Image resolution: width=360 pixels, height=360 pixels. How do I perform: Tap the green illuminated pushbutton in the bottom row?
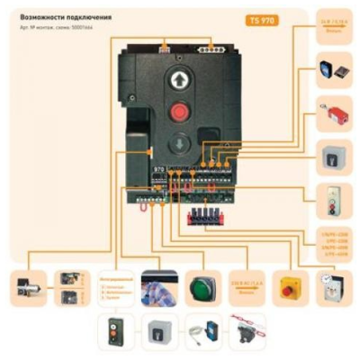tap(202, 289)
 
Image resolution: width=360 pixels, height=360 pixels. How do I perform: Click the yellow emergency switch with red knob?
tap(288, 289)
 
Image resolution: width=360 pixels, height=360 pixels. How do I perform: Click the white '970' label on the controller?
tap(135, 168)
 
